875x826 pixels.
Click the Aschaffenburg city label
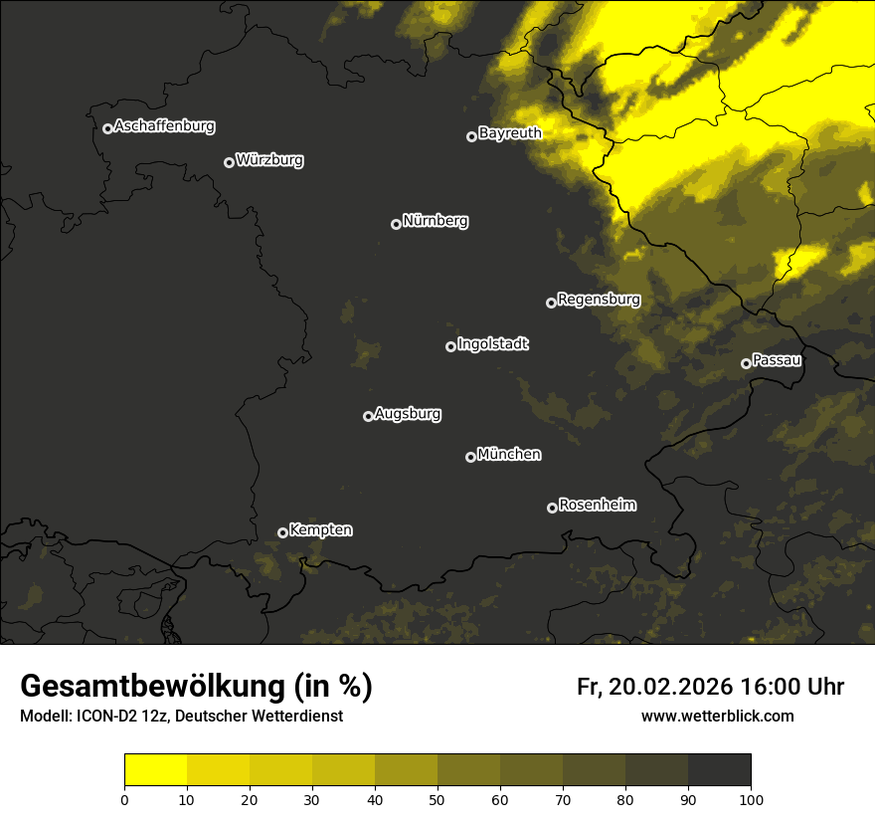[x=164, y=126]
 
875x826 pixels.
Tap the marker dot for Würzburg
[x=229, y=162]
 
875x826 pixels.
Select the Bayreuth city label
[x=509, y=133]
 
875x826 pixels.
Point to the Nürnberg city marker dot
[x=396, y=224]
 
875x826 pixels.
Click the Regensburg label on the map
[x=599, y=300]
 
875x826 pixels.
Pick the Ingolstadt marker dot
[x=450, y=346]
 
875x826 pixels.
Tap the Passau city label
[x=777, y=360]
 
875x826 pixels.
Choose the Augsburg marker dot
[x=368, y=416]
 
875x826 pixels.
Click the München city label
[x=509, y=455]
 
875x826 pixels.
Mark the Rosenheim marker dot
[x=552, y=508]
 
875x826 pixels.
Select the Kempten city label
[x=320, y=530]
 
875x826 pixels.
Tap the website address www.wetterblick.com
[x=717, y=716]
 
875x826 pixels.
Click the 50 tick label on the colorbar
[x=437, y=799]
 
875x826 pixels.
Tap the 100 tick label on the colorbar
[x=750, y=799]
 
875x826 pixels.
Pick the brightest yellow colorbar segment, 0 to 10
[x=156, y=769]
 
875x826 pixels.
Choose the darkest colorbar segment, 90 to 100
[x=719, y=769]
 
